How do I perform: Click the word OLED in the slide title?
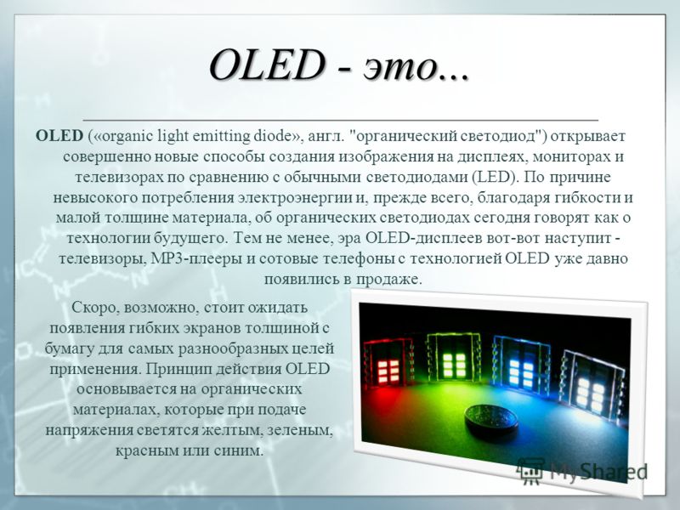point(268,66)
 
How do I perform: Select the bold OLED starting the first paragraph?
point(59,136)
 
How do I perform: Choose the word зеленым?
point(300,431)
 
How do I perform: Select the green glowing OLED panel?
point(454,358)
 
